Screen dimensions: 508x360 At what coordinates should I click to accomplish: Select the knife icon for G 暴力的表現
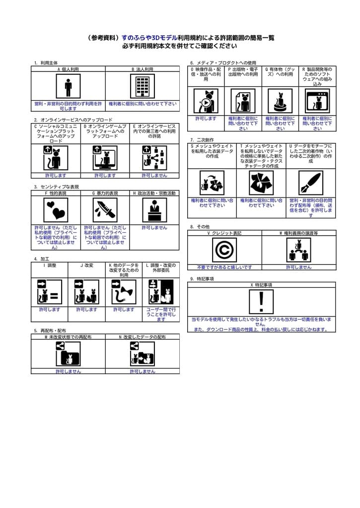[105, 210]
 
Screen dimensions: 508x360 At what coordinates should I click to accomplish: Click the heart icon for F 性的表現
[56, 210]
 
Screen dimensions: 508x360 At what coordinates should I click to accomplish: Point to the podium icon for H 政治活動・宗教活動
[154, 210]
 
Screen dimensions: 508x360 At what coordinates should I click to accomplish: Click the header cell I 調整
[50, 265]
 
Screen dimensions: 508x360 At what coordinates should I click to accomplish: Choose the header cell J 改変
[86, 265]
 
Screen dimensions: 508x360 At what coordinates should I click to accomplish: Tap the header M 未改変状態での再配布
[68, 337]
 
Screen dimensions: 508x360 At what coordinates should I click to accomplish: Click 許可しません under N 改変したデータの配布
[143, 371]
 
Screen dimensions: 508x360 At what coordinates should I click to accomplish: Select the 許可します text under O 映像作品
[206, 119]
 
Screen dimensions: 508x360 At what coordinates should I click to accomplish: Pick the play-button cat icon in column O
[206, 101]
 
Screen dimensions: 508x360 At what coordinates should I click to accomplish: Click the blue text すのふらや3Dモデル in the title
[149, 38]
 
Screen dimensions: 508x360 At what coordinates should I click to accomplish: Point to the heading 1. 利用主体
[46, 63]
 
